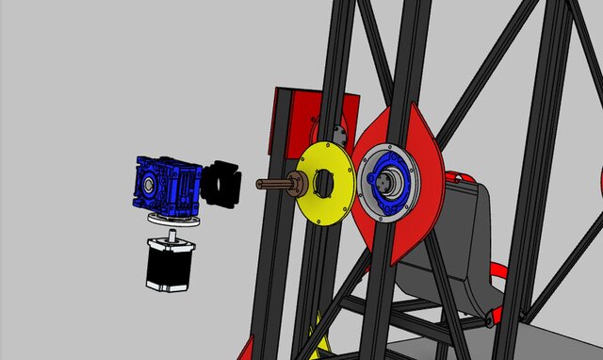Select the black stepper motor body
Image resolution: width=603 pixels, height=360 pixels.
(x=170, y=266)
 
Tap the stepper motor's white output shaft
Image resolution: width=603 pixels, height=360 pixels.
(x=172, y=232)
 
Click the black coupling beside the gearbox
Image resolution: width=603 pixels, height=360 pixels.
(x=224, y=184)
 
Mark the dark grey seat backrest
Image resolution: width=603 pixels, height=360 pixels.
(x=462, y=236)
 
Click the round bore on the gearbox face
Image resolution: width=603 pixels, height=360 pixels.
(x=149, y=187)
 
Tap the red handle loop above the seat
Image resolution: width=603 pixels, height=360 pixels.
(x=460, y=177)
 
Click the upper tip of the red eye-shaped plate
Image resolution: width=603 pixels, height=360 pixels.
(x=412, y=109)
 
